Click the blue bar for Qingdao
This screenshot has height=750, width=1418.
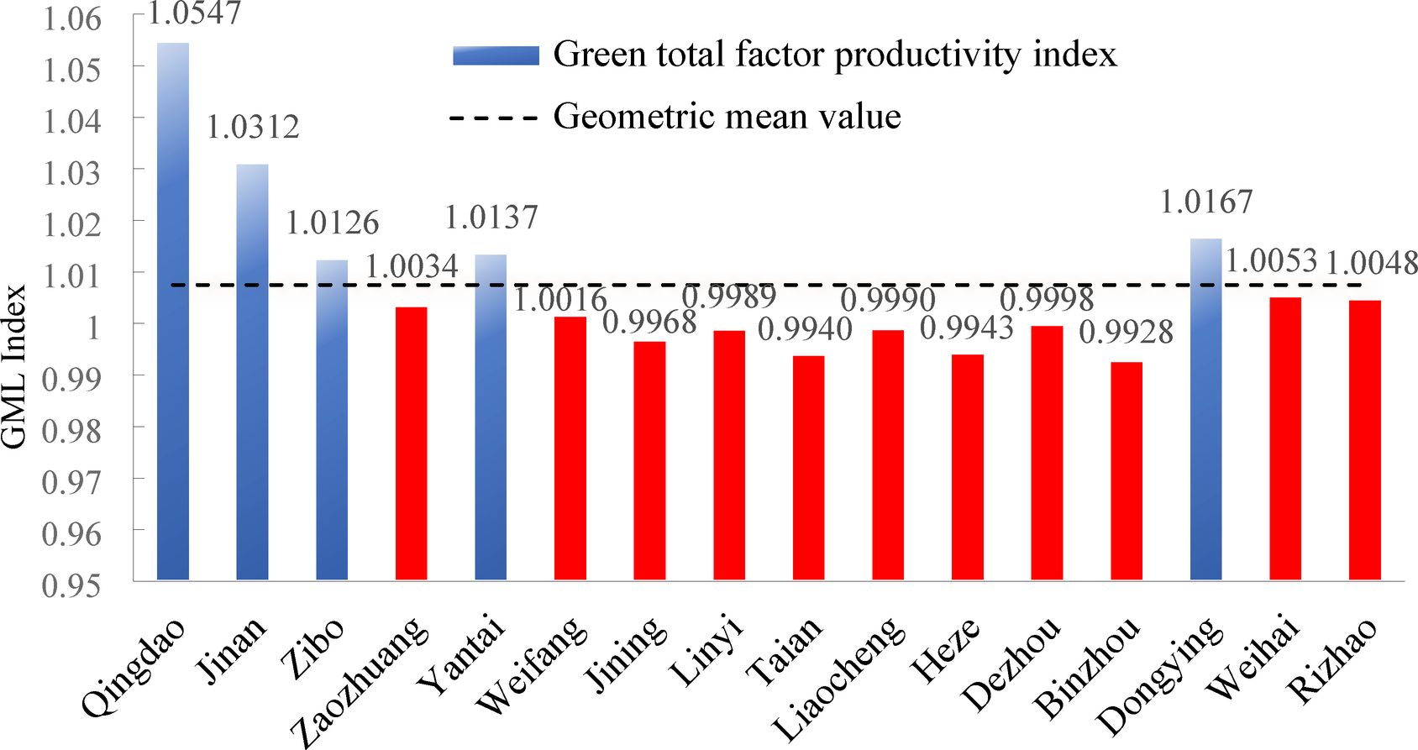click(173, 311)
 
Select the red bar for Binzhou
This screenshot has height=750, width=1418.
click(1127, 470)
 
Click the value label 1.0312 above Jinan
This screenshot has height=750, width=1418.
click(253, 128)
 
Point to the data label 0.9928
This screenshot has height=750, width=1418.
click(1126, 333)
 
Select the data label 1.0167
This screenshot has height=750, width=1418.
click(1206, 202)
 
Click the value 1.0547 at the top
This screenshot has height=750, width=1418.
click(195, 13)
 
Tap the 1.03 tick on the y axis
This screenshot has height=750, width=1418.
click(71, 172)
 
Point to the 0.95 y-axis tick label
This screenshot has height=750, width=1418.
click(71, 585)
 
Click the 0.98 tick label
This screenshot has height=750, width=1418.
click(71, 430)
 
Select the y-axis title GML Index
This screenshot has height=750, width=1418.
click(14, 367)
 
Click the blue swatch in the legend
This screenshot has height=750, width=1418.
click(496, 55)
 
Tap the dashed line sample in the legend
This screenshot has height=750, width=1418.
click(493, 118)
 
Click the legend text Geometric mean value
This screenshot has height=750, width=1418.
click(727, 116)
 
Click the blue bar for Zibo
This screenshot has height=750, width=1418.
click(332, 420)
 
